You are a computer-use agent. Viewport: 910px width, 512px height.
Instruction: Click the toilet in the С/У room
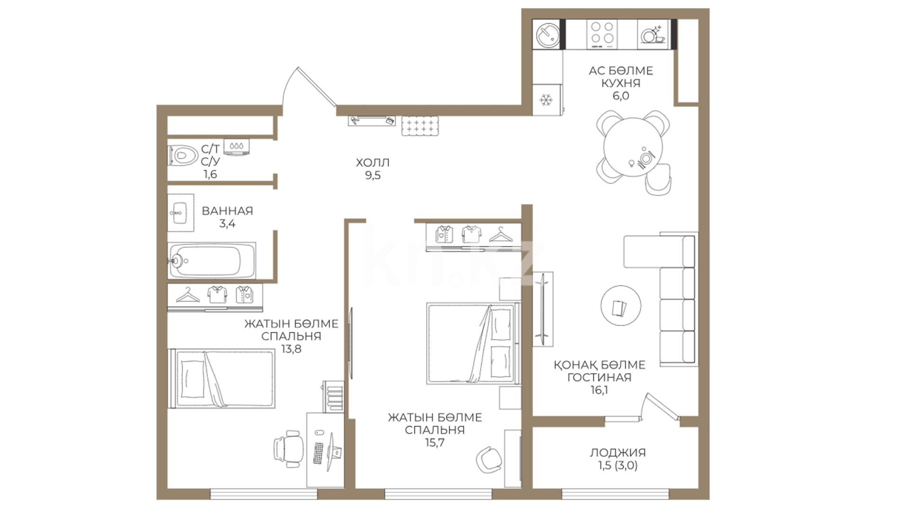(x=182, y=155)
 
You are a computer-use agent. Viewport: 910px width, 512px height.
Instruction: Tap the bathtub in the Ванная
(x=212, y=260)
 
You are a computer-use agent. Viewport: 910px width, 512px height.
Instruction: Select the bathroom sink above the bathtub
(x=181, y=212)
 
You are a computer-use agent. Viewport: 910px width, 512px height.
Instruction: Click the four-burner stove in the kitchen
(x=602, y=34)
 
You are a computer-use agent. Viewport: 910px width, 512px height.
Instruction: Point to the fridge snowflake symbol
(x=546, y=100)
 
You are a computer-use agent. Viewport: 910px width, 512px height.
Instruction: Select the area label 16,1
(x=599, y=390)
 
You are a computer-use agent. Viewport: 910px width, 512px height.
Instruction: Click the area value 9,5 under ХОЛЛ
(x=373, y=175)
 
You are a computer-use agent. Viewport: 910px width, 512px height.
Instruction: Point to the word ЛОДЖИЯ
(x=618, y=453)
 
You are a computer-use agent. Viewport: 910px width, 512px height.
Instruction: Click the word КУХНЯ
(x=620, y=83)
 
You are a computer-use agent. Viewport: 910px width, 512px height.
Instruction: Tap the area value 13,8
(x=291, y=349)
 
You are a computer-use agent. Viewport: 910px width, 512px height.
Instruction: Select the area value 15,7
(x=434, y=443)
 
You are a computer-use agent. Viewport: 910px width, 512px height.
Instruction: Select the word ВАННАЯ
(x=227, y=211)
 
